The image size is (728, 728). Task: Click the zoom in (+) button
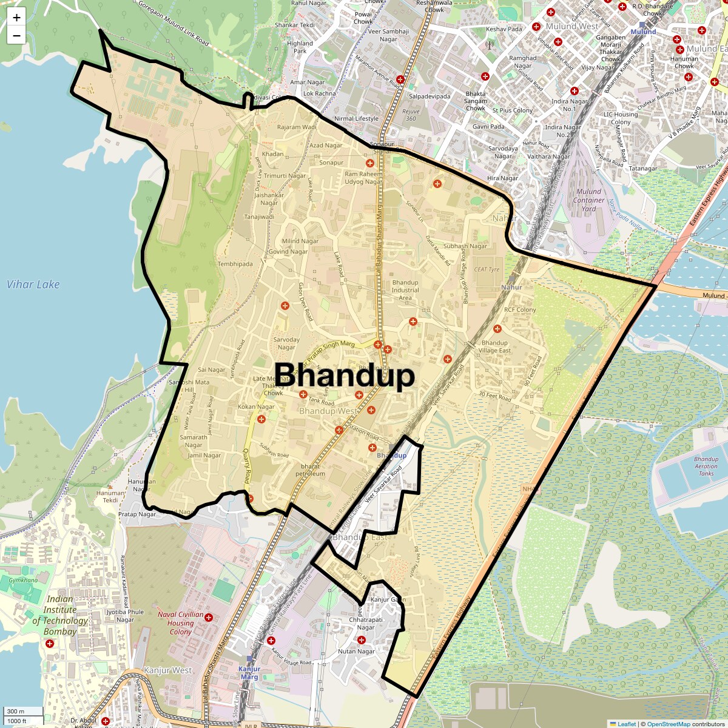pos(16,18)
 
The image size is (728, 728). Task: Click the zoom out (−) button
pos(16,35)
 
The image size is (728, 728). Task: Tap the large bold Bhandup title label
pos(345,376)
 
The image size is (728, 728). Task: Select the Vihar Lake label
pos(33,285)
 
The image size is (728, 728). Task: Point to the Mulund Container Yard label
pos(588,200)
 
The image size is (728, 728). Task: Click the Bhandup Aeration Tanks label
pos(706,466)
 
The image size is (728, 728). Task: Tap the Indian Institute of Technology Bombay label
pos(59,615)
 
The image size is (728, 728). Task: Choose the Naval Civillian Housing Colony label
pos(180,623)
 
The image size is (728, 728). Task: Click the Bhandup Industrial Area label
pos(405,290)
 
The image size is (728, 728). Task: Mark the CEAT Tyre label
pos(487,269)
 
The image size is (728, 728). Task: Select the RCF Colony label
pos(520,309)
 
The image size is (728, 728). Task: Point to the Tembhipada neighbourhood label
pos(235,264)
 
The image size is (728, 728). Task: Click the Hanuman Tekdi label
pos(110,497)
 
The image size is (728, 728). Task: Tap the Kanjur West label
pos(168,670)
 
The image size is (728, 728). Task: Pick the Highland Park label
pos(300,47)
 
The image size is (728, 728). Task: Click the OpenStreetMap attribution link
pos(668,724)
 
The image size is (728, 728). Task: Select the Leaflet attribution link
pos(627,724)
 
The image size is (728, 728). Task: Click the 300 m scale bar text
pos(16,712)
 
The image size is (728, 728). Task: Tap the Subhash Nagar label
pos(465,246)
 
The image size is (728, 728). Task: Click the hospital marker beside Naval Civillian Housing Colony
pos(209,618)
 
